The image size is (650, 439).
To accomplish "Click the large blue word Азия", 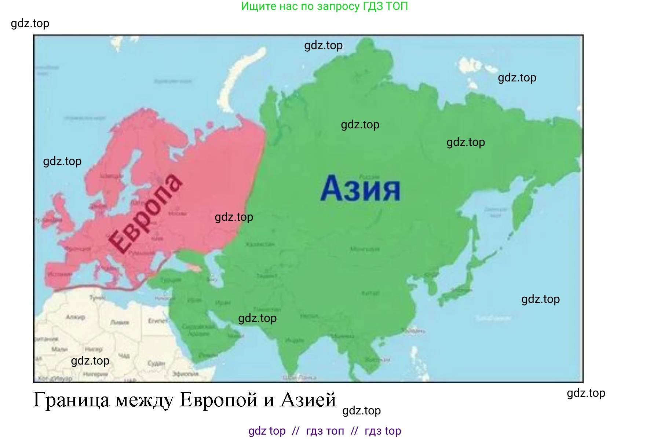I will tap(361, 189).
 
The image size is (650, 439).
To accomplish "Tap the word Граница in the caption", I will tap(72, 399).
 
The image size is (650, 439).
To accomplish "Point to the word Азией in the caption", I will tap(308, 399).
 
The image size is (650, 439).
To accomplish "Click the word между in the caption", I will tap(144, 399).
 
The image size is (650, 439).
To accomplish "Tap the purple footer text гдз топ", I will tap(325, 431).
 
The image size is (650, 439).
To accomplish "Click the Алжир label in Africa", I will tap(75, 317).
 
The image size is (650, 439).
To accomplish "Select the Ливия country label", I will tap(120, 322).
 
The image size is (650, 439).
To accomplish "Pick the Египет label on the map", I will tap(158, 321).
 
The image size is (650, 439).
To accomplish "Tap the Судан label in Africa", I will tap(156, 363).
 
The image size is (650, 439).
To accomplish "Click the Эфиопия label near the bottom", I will tap(186, 374).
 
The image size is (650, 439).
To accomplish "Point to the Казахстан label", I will tap(260, 244).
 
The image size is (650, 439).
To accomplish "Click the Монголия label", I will tap(365, 249).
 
